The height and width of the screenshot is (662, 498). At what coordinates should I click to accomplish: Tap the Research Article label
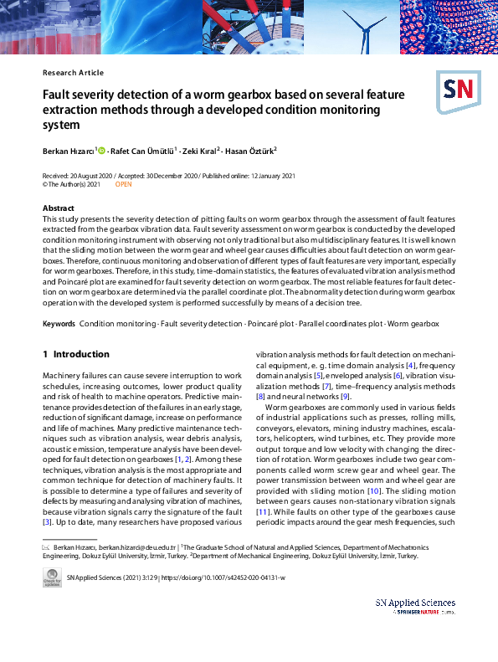pyautogui.click(x=73, y=73)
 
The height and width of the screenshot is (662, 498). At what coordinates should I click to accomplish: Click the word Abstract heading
pyautogui.click(x=59, y=208)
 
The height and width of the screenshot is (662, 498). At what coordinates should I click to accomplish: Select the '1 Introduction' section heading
pyautogui.click(x=75, y=355)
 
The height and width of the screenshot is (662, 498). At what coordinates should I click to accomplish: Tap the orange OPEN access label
pyautogui.click(x=123, y=183)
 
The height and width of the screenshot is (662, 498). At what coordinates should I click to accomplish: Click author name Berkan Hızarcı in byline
pyautogui.click(x=69, y=151)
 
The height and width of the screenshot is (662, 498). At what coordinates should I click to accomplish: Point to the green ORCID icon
pyautogui.click(x=103, y=151)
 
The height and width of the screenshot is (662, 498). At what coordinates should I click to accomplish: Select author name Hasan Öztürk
pyautogui.click(x=251, y=151)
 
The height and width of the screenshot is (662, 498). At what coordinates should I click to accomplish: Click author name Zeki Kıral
pyautogui.click(x=200, y=151)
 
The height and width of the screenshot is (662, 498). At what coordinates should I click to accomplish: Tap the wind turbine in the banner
pyautogui.click(x=364, y=25)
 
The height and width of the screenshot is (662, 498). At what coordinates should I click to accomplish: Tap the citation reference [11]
pyautogui.click(x=264, y=510)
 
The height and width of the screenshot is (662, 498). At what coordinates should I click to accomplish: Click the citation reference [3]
pyautogui.click(x=47, y=521)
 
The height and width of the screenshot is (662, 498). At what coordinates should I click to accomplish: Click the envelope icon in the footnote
pyautogui.click(x=46, y=547)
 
